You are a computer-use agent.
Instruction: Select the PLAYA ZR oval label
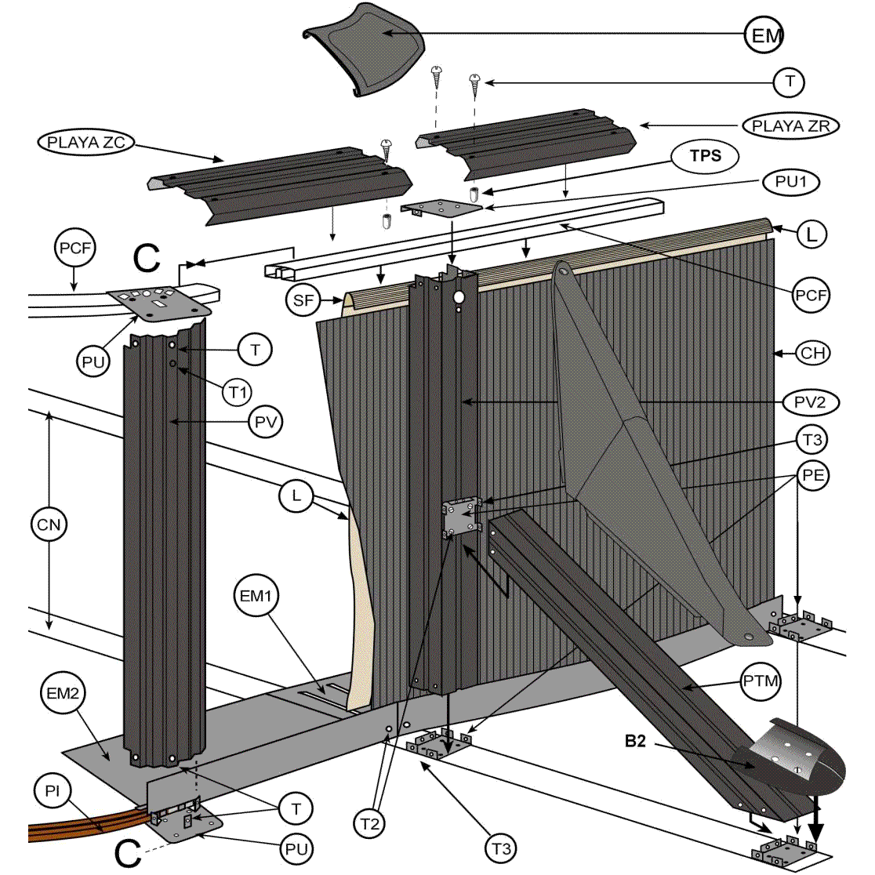pos(790,126)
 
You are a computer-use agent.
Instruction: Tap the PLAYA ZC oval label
pos(85,143)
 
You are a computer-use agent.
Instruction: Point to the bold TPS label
pos(705,156)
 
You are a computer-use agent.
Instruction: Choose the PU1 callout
pos(790,182)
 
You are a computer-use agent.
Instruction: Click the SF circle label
pos(303,301)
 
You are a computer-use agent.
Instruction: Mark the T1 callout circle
pos(238,391)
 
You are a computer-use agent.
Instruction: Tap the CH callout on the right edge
pos(812,353)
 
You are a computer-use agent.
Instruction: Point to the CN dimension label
pos(49,524)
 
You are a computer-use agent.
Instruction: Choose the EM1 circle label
pos(256,597)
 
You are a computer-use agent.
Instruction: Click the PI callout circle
pos(52,792)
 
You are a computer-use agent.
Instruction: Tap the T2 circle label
pos(370,824)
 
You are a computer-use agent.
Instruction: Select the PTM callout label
pos(761,681)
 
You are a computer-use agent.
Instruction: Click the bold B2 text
pos(635,741)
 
